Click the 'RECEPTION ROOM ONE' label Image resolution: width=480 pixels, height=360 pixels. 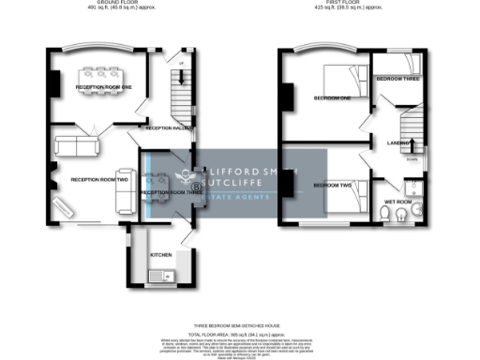point(104,86)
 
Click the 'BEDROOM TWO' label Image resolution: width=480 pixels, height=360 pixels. point(332,186)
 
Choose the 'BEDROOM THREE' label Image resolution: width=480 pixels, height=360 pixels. point(399,80)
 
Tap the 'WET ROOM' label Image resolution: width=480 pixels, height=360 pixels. point(398,202)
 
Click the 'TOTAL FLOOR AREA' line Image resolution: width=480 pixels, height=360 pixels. point(239,332)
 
